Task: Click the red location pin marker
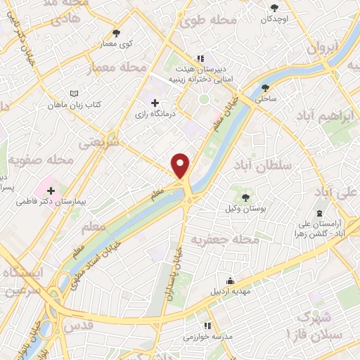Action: [x=181, y=165]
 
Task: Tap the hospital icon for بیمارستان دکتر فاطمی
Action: [x=51, y=189]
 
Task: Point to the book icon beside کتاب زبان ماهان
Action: [x=75, y=93]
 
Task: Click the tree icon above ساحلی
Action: [x=265, y=88]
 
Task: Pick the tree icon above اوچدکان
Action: [x=274, y=8]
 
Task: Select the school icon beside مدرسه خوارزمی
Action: [x=207, y=326]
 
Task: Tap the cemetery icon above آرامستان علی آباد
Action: [x=320, y=212]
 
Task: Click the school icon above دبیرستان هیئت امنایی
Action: [x=200, y=58]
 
